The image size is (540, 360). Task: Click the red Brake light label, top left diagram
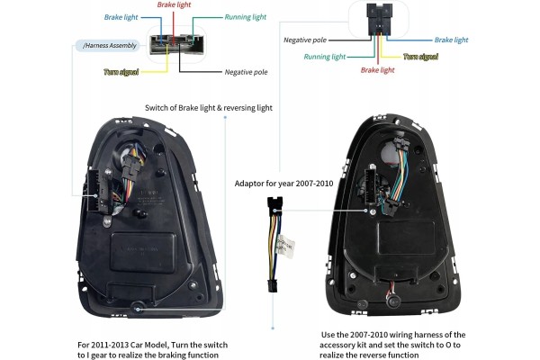pos(174,4)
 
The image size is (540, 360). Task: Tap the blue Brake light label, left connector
pos(121,17)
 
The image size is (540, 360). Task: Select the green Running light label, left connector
pos(246,17)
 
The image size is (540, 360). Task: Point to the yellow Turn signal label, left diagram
pos(121,72)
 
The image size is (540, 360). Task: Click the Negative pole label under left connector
pos(246,72)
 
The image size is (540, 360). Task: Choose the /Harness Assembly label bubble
pos(108,46)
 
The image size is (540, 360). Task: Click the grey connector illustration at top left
pos(177,44)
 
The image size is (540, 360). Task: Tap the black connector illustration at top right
pos(379,19)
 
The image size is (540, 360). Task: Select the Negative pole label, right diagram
pos(305,40)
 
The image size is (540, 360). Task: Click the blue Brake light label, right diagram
pos(451,40)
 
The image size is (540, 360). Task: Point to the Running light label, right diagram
pos(324,57)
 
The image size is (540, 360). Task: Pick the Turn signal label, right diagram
pos(420,57)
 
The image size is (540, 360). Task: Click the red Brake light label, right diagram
pos(377,70)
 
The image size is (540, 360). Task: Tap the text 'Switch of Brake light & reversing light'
pos(209,108)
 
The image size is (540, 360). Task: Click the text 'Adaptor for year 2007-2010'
pos(283,184)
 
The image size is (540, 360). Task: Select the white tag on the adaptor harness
pos(285,246)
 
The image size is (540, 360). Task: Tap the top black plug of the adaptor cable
pos(274,206)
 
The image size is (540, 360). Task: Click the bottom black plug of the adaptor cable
pos(273,285)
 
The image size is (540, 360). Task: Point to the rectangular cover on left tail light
pos(143,253)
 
